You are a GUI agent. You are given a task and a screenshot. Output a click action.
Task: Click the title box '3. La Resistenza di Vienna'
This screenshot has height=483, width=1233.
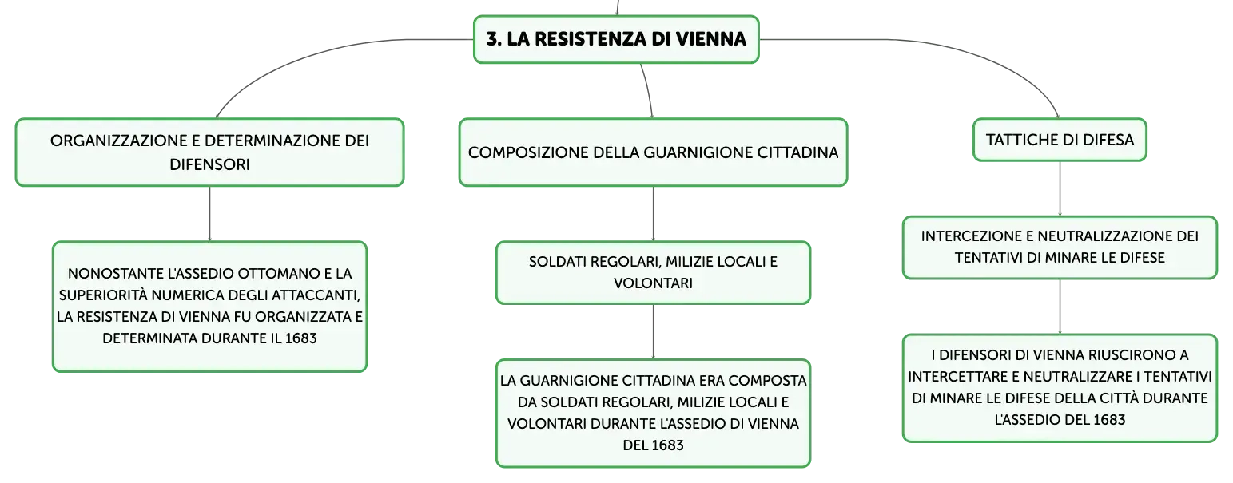click(x=617, y=39)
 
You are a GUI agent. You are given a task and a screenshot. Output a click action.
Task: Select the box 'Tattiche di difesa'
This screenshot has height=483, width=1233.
click(x=1060, y=140)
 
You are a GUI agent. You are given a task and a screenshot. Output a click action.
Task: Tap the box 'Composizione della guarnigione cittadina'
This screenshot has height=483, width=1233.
click(x=654, y=152)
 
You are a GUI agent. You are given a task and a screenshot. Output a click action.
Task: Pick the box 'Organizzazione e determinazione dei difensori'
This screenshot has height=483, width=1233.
click(x=209, y=152)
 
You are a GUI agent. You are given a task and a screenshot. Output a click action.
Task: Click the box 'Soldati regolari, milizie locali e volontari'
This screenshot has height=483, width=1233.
click(x=654, y=272)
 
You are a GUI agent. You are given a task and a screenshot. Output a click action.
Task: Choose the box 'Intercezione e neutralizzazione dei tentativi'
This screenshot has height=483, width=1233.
click(x=1060, y=247)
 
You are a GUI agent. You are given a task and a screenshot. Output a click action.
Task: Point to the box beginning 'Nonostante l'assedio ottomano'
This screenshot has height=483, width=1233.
click(x=209, y=307)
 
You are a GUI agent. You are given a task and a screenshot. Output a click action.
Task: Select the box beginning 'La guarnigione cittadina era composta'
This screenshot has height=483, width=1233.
click(x=654, y=413)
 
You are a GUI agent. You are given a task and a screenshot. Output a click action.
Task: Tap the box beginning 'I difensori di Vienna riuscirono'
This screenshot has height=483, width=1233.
click(x=1060, y=388)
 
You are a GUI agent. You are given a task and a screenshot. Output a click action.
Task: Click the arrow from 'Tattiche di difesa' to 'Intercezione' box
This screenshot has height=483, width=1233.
click(x=1060, y=188)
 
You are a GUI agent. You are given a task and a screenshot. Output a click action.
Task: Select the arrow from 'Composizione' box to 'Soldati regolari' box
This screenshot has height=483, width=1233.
click(x=654, y=214)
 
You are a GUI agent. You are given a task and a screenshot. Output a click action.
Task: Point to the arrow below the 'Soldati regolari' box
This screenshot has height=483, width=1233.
click(x=654, y=332)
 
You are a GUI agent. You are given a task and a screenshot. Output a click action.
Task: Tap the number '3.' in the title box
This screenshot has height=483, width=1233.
click(x=494, y=39)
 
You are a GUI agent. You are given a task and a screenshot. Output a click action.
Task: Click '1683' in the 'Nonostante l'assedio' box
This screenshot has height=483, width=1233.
click(x=300, y=338)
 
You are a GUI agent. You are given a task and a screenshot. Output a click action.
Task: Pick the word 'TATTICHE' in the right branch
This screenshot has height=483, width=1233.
click(x=1018, y=140)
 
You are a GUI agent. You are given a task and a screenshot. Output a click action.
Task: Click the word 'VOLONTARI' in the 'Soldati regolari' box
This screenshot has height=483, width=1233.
click(x=654, y=283)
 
